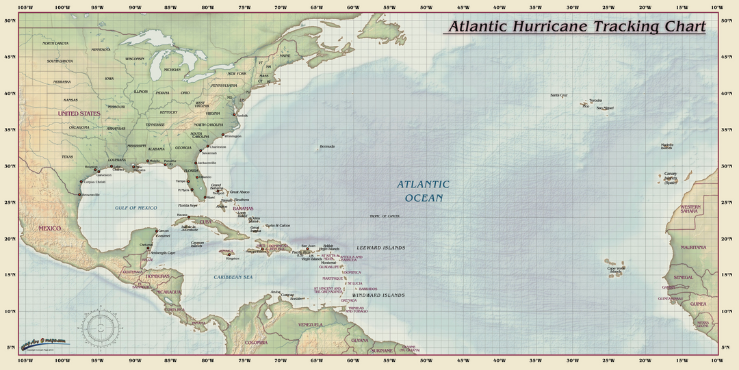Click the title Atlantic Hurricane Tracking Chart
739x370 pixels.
[575, 27]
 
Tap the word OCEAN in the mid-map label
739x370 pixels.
[424, 198]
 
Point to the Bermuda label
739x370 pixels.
[327, 146]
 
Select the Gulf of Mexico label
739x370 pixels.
[136, 207]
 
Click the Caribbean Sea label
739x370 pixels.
[233, 277]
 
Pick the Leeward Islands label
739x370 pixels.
[380, 248]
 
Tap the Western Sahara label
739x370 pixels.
[690, 209]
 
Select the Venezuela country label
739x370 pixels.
[310, 324]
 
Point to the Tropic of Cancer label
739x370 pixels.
[385, 216]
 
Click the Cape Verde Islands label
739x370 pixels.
[617, 269]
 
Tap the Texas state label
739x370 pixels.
[67, 157]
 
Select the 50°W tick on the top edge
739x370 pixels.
[426, 8]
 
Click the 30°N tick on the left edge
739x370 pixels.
[10, 166]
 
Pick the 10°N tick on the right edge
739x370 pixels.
[728, 311]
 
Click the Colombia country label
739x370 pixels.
[256, 342]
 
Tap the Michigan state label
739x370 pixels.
[172, 70]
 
